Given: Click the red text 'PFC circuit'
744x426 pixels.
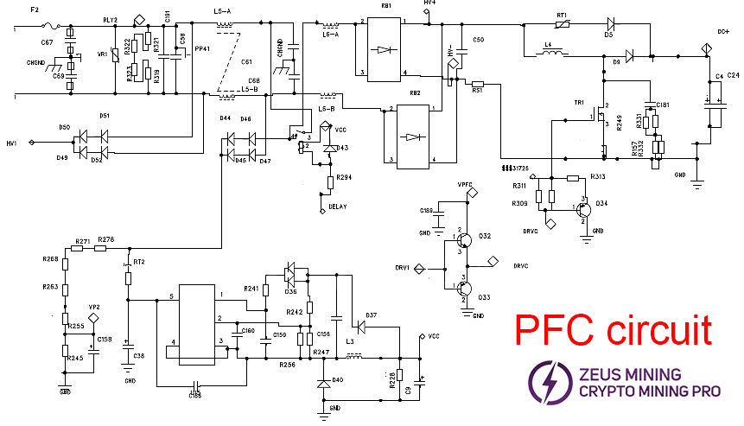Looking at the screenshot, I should [614, 331].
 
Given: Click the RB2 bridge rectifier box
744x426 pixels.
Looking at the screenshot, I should [412, 136].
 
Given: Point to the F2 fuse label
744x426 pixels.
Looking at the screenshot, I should [35, 11].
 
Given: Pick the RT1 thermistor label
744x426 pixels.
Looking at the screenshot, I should [561, 14].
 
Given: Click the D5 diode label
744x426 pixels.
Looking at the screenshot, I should [608, 35].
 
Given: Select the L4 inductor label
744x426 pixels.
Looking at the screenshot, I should [548, 43].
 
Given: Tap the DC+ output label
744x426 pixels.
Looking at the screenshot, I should [723, 31].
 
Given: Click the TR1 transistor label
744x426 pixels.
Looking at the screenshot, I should [579, 103].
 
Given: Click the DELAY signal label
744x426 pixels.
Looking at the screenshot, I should [339, 207].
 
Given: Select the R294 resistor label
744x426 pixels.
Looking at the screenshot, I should [346, 177].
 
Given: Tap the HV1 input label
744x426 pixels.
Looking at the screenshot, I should [11, 143].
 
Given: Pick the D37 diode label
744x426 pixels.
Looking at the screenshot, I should [371, 314].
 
